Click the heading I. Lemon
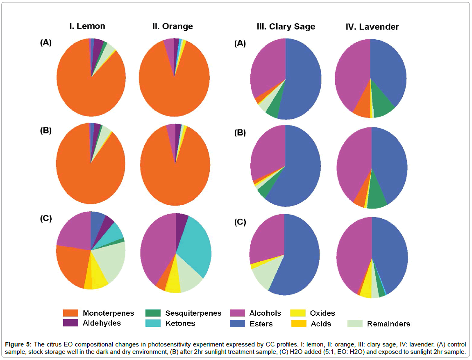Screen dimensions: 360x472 86,26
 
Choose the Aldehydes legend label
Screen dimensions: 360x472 102,323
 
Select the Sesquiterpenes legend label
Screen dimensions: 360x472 193,313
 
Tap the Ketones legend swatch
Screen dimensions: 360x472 153,324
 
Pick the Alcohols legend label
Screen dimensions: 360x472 265,313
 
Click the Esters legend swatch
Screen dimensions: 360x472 237,324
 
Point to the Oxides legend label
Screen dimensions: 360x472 322,313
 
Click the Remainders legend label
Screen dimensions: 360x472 388,324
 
